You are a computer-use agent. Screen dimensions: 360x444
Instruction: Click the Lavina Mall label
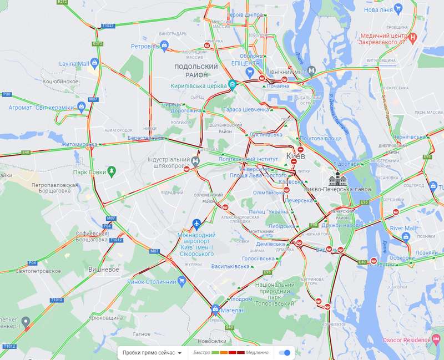[x=74, y=64]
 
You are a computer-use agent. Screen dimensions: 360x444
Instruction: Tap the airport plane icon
[x=196, y=223]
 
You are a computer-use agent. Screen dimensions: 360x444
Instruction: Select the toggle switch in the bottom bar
[x=285, y=352]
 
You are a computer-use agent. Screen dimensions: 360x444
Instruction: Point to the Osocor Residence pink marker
[x=437, y=339]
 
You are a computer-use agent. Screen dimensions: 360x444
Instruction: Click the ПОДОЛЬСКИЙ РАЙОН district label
[x=191, y=70]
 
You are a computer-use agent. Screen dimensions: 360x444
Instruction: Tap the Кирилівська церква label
[x=198, y=86]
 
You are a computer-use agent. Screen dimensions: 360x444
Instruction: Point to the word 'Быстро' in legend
[x=202, y=352]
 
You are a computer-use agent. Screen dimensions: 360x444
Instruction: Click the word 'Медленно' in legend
[x=255, y=352]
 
